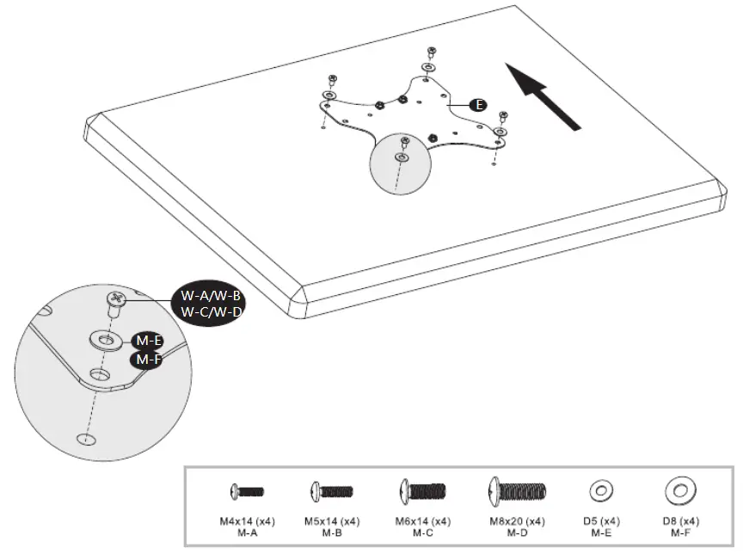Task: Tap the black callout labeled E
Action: [479, 104]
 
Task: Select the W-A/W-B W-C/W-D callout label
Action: [211, 303]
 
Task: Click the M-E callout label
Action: [147, 342]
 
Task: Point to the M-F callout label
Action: [146, 359]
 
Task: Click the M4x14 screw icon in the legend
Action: [246, 492]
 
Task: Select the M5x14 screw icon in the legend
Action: [331, 492]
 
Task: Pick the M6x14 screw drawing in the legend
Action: [421, 492]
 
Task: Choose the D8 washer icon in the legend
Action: [679, 491]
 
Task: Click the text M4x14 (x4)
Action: [247, 521]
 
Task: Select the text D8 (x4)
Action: [679, 521]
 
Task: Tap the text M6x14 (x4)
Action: [421, 521]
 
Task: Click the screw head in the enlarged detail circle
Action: [116, 299]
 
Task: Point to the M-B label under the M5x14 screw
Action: [332, 533]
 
